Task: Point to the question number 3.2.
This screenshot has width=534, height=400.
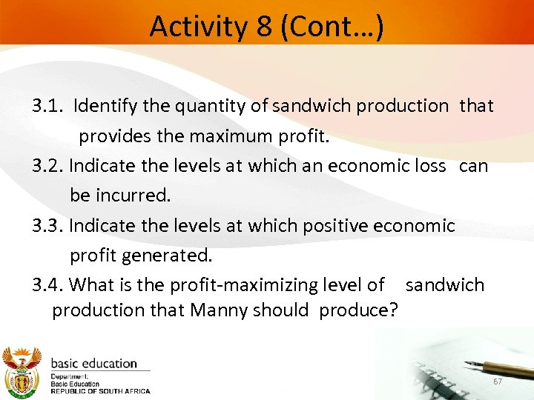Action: click(x=48, y=165)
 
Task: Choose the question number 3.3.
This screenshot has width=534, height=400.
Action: click(x=48, y=225)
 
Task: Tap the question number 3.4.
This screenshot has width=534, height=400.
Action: click(x=48, y=284)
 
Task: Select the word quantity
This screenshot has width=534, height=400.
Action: click(x=211, y=106)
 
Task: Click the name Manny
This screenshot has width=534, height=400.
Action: click(x=218, y=310)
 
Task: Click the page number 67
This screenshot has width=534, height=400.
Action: click(x=498, y=381)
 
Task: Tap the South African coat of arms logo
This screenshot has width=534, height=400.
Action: click(x=22, y=370)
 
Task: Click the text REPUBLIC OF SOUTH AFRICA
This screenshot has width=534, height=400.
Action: click(x=100, y=391)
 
